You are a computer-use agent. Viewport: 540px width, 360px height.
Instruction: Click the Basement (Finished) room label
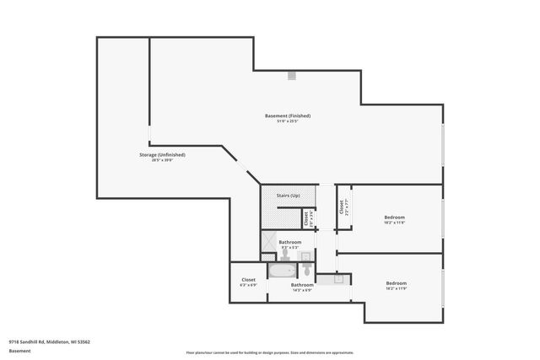[x=288, y=116]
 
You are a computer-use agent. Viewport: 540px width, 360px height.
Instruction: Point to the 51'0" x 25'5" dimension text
[x=288, y=121]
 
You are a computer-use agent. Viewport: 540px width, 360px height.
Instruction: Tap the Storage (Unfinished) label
[x=162, y=155]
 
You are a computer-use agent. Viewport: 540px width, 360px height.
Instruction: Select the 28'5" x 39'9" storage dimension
[x=162, y=161]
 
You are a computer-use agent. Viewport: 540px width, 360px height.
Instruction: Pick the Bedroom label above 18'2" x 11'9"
[x=397, y=282]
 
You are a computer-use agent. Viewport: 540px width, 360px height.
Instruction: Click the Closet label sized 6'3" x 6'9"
[x=248, y=280]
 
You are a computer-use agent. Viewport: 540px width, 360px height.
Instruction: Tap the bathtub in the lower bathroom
[x=281, y=272]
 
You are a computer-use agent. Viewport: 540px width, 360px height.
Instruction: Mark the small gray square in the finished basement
[x=292, y=76]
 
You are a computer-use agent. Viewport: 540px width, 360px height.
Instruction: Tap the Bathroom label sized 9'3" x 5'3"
[x=290, y=242]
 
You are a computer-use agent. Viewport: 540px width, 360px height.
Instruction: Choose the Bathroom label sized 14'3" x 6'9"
[x=302, y=285]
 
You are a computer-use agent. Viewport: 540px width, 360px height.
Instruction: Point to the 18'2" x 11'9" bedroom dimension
[x=397, y=289]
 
